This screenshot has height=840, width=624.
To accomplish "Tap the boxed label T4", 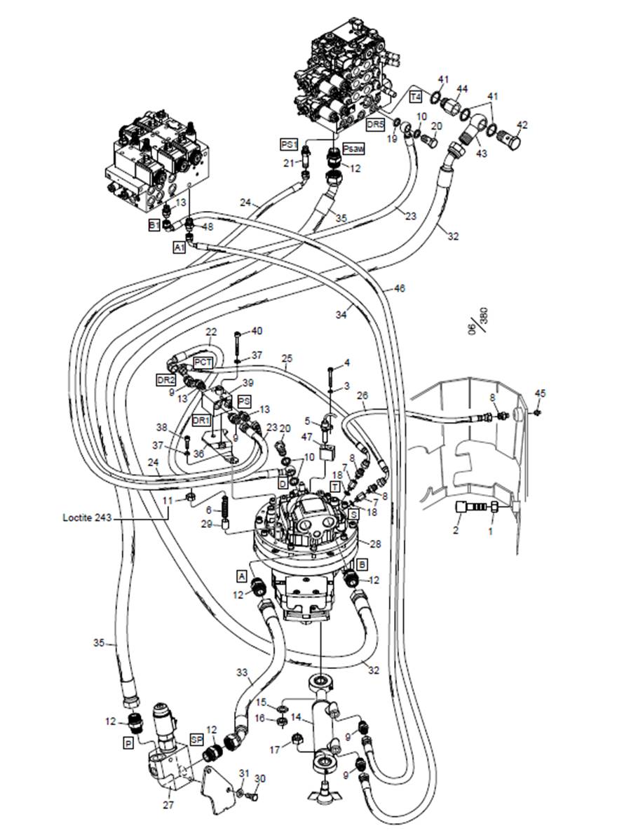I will point(416,95).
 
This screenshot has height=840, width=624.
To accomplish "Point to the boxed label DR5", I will point(377,124).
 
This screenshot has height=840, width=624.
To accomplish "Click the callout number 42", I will point(522,126).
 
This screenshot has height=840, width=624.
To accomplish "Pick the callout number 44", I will point(462,88).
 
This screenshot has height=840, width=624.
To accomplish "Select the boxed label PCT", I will point(203,362).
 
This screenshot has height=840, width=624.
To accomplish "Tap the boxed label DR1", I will point(201,420).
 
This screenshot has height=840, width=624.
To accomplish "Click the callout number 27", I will point(168,806).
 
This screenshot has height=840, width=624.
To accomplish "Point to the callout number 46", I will point(399,287).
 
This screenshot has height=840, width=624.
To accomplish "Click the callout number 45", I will point(540,393).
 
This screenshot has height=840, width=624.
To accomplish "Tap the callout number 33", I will point(242,673).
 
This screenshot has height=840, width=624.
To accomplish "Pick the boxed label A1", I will point(179,248).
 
